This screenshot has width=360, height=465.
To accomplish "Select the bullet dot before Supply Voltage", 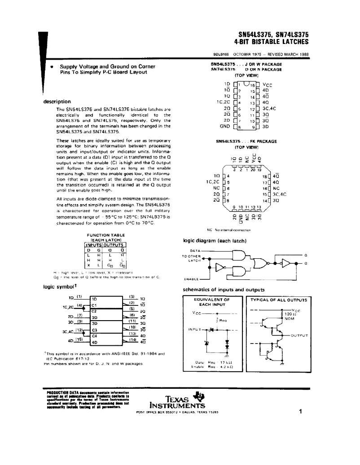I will (x=52, y=66).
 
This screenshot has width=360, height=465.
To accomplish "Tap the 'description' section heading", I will (x=57, y=101).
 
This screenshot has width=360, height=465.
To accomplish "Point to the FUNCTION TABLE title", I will (x=105, y=235).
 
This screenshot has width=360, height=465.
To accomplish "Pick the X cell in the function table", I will (x=89, y=265).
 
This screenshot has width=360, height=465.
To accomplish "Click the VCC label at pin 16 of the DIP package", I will (x=267, y=84).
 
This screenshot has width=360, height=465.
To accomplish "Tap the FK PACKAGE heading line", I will (x=246, y=141).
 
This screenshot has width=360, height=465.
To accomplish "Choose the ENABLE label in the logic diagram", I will (x=192, y=278).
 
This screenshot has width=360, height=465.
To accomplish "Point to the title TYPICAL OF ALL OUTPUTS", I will (x=278, y=299).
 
